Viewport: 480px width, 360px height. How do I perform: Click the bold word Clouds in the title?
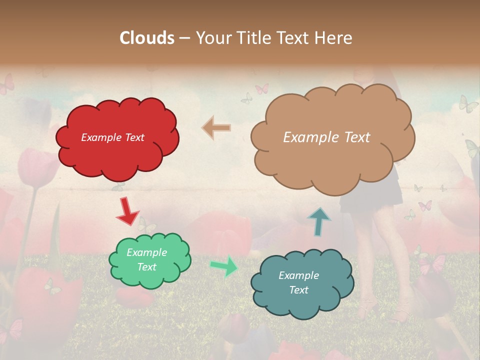tap(147, 38)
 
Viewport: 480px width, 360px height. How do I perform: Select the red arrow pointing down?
tap(127, 211)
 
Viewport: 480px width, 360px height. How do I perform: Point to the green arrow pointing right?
tap(224, 265)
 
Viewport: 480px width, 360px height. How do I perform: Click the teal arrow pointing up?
tap(318, 220)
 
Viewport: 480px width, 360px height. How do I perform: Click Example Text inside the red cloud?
tap(112, 137)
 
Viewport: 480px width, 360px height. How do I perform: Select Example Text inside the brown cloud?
tap(326, 137)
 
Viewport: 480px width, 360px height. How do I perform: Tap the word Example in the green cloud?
tap(146, 252)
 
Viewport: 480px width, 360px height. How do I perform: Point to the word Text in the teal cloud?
tap(298, 290)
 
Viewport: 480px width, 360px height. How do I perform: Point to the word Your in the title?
tap(212, 38)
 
